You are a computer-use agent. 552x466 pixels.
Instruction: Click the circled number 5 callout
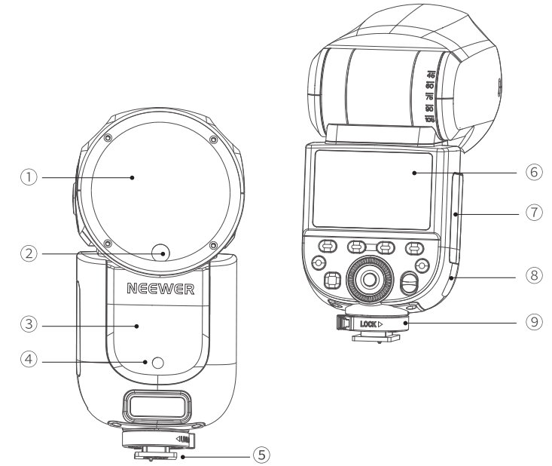point(261,455)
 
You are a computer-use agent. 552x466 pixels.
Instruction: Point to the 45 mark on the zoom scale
point(432,75)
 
